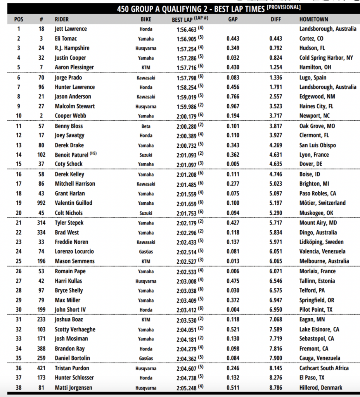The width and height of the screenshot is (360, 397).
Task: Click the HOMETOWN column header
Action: tap(313, 19)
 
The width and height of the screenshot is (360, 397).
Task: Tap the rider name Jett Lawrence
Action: tap(71, 29)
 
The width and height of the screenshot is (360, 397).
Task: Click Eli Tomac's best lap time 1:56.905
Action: tap(184, 39)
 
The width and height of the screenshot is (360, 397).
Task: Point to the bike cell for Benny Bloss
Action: tap(146, 126)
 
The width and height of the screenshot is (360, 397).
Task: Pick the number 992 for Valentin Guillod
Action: tap(41, 203)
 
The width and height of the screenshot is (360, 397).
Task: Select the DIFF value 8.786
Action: tap(276, 387)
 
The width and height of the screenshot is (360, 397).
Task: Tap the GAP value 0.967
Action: tap(233, 106)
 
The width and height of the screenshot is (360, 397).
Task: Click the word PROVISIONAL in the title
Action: tap(284, 7)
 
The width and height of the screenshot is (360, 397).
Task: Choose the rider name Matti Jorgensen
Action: tap(73, 387)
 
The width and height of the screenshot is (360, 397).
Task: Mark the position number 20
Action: tap(19, 213)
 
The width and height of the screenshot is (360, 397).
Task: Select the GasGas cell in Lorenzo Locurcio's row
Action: tap(146, 252)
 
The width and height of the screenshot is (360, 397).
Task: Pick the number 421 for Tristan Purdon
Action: tap(41, 368)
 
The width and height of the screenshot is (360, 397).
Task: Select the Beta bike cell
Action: tap(146, 126)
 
